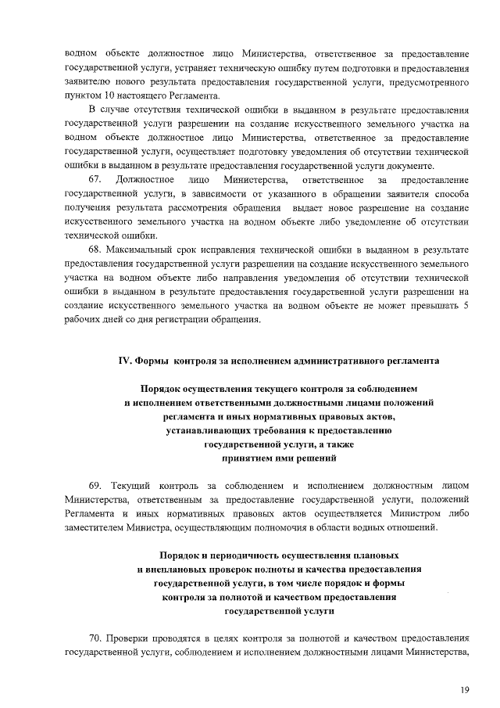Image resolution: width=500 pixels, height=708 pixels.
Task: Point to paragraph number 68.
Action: tap(95, 250)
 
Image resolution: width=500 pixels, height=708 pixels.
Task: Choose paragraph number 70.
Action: tap(95, 637)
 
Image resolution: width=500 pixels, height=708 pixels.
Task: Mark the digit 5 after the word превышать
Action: tap(466, 306)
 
